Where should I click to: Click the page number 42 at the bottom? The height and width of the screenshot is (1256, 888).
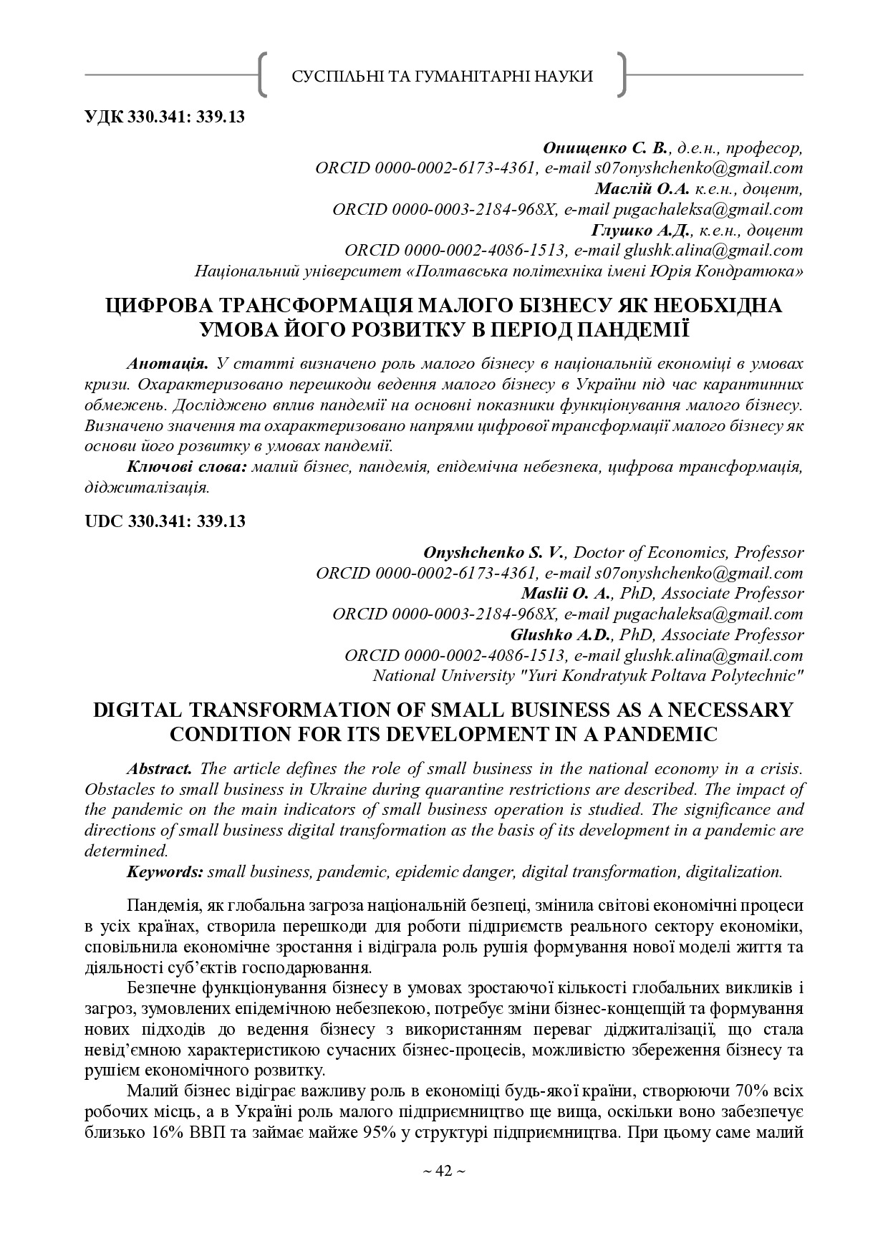443,1171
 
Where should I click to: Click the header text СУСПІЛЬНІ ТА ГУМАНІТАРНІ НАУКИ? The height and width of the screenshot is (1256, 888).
443,77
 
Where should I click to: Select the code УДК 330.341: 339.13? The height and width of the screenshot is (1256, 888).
165,117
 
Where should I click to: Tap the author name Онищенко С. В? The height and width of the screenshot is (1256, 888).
606,148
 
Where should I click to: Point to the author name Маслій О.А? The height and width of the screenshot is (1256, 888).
641,189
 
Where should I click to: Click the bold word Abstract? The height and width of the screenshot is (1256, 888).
159,768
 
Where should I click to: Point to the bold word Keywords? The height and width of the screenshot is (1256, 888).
165,872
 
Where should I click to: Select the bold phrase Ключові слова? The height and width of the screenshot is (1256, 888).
187,467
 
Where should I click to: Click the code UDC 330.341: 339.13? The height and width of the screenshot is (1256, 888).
165,521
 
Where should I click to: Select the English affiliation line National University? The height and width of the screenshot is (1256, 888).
588,676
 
